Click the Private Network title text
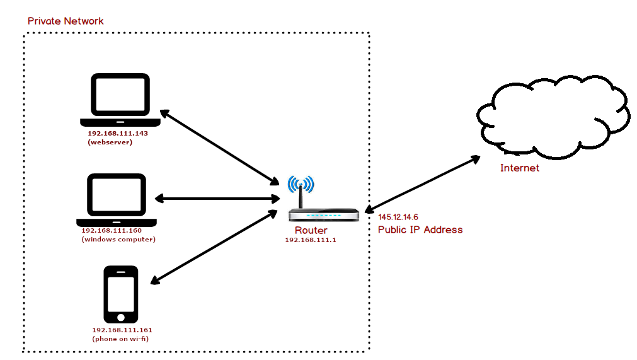(x=66, y=21)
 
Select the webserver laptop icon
(x=120, y=100)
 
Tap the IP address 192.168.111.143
(x=118, y=133)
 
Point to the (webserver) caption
(x=110, y=142)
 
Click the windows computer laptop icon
(x=117, y=200)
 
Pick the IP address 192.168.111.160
(x=112, y=230)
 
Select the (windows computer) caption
(x=118, y=240)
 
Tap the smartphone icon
(x=120, y=294)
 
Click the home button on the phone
(x=120, y=317)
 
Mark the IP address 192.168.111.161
(x=122, y=330)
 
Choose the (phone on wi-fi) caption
(x=120, y=339)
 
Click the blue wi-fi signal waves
(x=301, y=184)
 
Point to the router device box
(x=324, y=215)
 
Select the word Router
(x=311, y=230)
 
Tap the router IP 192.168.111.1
(x=311, y=240)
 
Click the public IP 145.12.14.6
(x=398, y=218)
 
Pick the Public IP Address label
(x=420, y=229)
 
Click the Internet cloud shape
(x=554, y=117)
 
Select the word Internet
(x=520, y=168)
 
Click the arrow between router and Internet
(x=423, y=184)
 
